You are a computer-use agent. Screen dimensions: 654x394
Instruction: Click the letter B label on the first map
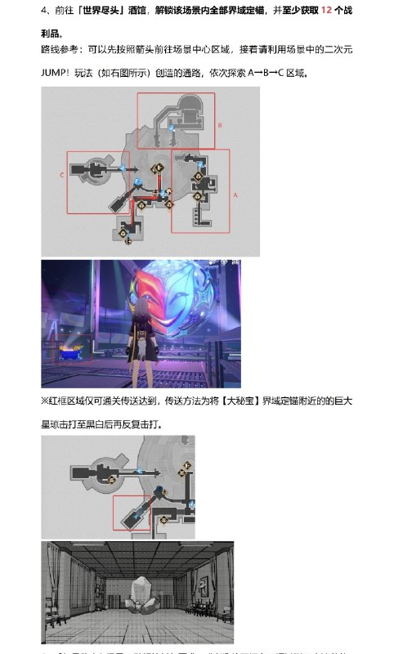click(x=220, y=125)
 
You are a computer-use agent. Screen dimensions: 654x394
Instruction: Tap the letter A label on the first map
click(x=235, y=195)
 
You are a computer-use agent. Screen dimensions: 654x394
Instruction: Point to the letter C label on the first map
click(x=62, y=175)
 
